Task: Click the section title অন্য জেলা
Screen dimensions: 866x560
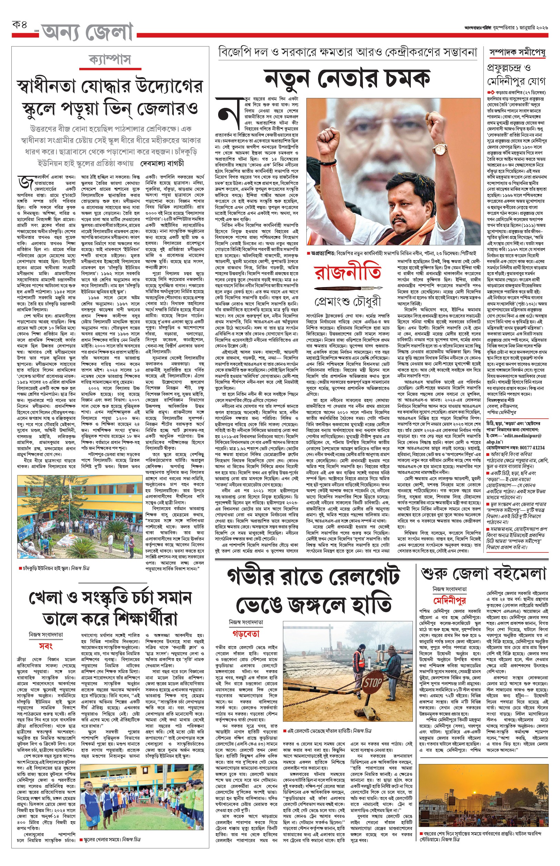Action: point(87,32)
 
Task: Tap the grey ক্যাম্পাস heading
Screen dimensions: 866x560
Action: point(110,59)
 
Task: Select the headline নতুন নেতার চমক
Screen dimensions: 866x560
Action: point(347,78)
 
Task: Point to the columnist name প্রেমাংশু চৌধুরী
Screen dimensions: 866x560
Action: point(348,302)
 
